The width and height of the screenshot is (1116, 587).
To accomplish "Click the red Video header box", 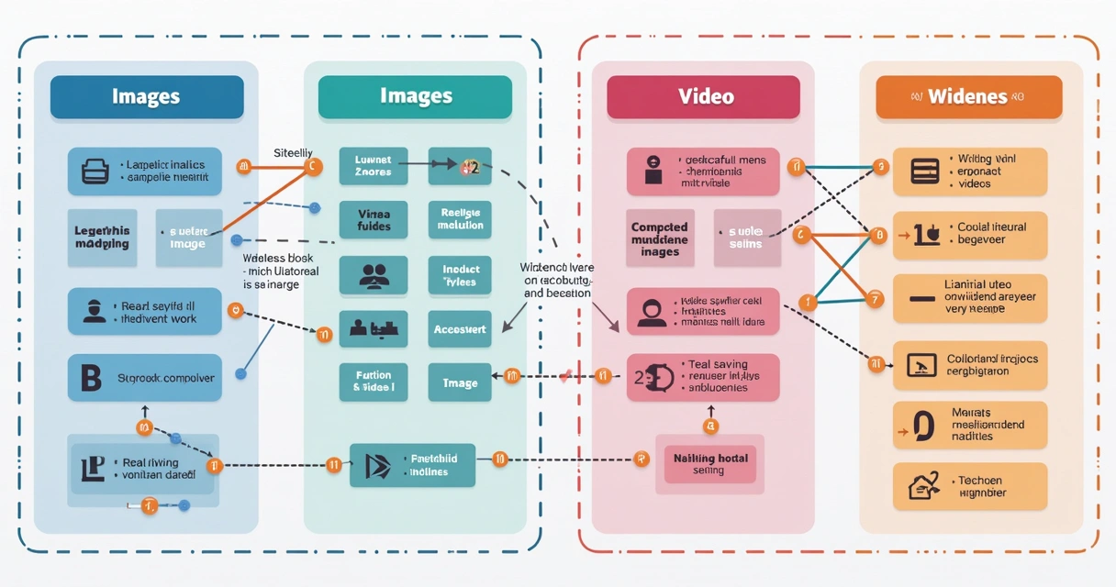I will (x=703, y=96).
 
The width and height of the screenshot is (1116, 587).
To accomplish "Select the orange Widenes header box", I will (x=968, y=96).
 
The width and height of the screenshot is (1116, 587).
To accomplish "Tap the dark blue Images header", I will (x=147, y=96).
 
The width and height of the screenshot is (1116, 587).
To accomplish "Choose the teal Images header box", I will (x=415, y=96).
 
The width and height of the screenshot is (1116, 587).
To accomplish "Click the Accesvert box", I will (x=460, y=328).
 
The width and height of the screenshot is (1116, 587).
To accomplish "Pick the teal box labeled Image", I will (x=460, y=382).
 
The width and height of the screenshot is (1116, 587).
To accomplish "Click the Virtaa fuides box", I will (x=374, y=219).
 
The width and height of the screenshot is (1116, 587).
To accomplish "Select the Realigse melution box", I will (x=460, y=219).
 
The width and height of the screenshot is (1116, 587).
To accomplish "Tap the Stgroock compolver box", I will (x=145, y=377).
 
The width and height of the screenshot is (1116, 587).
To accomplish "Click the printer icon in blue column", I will (x=94, y=171).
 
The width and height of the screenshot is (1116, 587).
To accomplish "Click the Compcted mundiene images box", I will (x=660, y=239).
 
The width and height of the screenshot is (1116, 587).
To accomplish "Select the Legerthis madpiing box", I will (x=102, y=238).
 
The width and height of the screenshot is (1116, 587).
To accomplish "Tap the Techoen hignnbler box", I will (x=970, y=486).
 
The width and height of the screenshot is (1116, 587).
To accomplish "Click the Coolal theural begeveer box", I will (x=970, y=233).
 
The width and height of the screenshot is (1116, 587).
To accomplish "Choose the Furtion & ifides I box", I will (x=374, y=382).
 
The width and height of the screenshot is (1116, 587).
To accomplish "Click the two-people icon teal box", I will (x=374, y=275).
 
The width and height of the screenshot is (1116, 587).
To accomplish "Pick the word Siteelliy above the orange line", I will (x=294, y=152).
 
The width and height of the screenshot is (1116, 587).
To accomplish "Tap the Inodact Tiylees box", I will (x=460, y=275).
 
